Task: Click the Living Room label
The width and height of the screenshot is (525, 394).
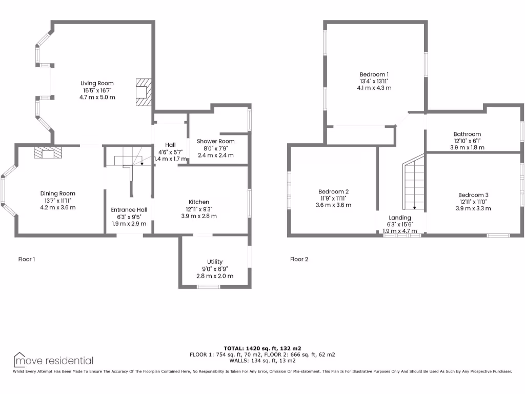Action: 97,83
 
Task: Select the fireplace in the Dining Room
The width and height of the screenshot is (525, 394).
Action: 47,152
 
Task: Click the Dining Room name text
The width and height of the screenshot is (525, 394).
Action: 57,193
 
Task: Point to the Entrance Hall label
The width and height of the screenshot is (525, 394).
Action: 129,209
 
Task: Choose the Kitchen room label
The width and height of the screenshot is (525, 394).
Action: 198,202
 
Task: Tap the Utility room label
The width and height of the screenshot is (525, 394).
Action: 214,262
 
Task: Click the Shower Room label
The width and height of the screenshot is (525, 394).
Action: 215,141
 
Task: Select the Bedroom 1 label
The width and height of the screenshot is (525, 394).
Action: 374,74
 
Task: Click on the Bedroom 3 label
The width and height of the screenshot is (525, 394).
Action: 473,195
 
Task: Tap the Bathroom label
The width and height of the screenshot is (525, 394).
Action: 467,134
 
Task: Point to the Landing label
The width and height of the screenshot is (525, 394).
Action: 399,218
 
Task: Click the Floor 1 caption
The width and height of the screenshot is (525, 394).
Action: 27,259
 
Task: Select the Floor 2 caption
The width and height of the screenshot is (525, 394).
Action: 299,259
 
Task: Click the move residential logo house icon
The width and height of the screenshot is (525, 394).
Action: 19,360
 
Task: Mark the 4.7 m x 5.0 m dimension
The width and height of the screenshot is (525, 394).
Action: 97,97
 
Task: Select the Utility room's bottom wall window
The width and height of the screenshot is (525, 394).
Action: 209,286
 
